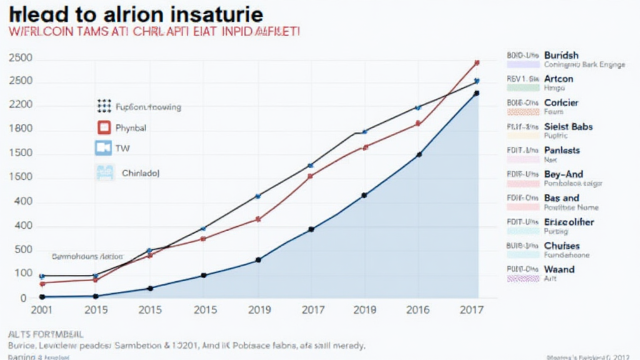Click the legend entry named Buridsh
coord(561,55)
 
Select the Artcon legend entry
coord(559,79)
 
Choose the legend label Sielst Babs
coord(568,127)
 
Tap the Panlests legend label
coord(562,151)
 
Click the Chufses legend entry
coord(562,246)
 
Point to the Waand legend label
coord(559,269)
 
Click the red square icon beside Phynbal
coord(104,128)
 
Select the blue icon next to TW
coord(103,148)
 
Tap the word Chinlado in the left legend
coord(141,173)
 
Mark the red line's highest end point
coord(477,62)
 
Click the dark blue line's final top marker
coord(477,93)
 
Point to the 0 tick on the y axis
coord(23,298)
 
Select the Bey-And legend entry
coord(563,174)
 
